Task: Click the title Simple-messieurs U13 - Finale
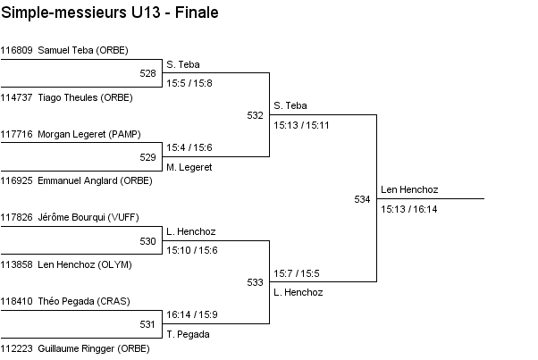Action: coord(110,13)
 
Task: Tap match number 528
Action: coord(148,74)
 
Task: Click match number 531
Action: coord(148,324)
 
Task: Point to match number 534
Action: coord(362,199)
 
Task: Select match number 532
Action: coord(256,115)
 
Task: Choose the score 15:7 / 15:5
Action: coord(297,272)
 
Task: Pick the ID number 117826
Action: coord(17,217)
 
